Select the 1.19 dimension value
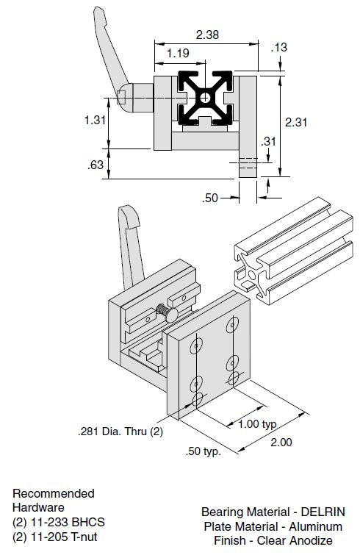point(179,53)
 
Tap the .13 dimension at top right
point(279,47)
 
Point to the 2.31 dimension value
point(295,122)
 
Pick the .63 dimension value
point(96,165)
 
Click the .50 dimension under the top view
point(212,197)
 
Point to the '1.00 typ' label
point(258,424)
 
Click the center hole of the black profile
point(207,97)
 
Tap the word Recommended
point(54,493)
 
